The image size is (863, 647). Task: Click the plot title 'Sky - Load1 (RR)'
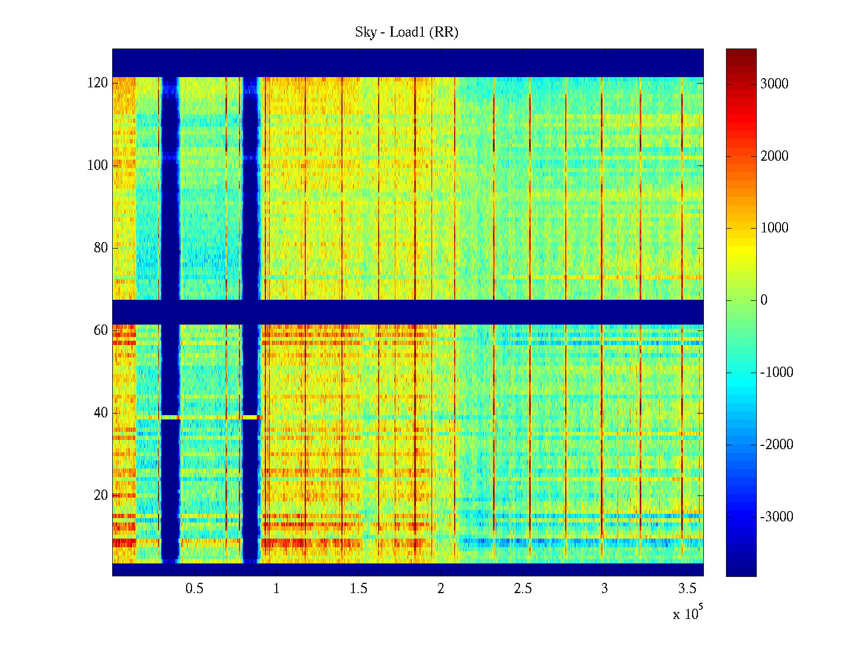click(406, 32)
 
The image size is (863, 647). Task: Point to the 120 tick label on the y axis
click(98, 83)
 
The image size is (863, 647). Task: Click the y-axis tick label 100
click(98, 166)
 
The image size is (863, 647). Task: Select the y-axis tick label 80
click(101, 248)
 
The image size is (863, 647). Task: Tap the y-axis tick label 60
click(101, 331)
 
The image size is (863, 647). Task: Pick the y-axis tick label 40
click(101, 413)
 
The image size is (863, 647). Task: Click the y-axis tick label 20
click(101, 495)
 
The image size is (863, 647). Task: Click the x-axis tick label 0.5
click(194, 589)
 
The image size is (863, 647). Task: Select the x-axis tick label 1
click(276, 589)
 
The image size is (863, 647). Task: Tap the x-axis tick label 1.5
click(358, 589)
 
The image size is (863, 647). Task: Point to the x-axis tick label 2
click(441, 589)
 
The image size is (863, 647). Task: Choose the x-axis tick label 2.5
click(523, 589)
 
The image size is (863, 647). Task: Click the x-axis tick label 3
click(605, 589)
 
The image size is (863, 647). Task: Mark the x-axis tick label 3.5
click(687, 589)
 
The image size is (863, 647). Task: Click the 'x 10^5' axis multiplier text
click(688, 613)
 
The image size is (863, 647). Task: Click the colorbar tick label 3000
click(775, 84)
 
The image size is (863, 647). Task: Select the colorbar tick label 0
click(764, 300)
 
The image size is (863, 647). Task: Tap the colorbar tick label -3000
click(777, 517)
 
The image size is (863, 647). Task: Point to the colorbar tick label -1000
click(777, 373)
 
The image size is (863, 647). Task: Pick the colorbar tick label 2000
click(775, 156)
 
